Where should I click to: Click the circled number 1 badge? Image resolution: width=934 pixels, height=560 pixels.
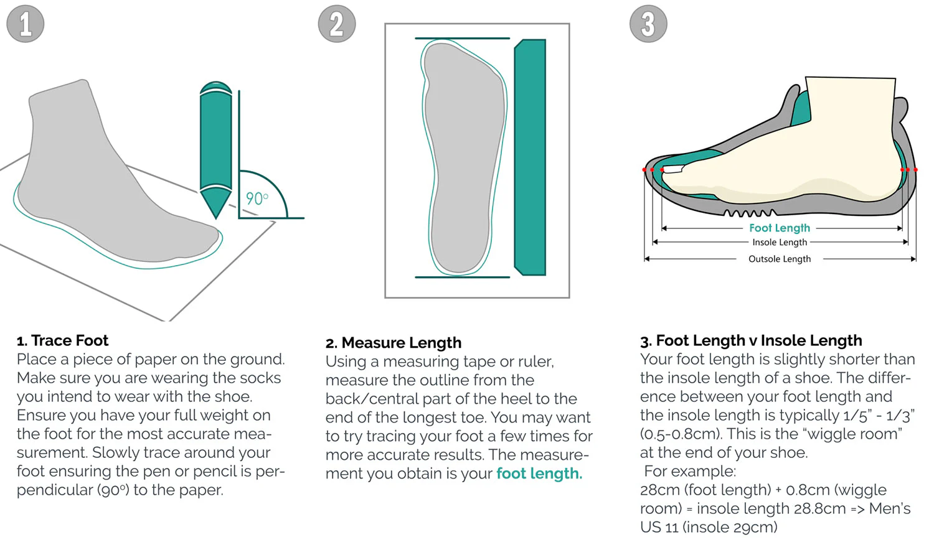pos(26,24)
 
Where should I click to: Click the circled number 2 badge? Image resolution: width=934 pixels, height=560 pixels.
pos(337,24)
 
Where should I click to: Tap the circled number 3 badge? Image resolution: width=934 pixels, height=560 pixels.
pos(648,24)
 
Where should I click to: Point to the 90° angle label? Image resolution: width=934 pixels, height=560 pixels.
pos(257,198)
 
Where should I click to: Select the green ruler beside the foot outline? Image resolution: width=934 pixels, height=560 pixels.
pos(530,157)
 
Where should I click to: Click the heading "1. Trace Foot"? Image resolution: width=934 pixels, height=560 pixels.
pos(62,340)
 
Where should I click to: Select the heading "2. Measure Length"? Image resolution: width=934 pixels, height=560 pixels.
pos(394,343)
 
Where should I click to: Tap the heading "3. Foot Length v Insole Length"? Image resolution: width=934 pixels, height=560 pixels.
pos(751,340)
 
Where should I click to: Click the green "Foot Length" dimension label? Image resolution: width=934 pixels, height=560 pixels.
pos(780,228)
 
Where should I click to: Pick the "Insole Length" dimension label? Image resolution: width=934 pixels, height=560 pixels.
pos(780,243)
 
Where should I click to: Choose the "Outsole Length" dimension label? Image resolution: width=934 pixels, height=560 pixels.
pos(780,259)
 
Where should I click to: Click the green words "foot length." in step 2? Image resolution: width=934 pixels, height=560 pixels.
pos(539,474)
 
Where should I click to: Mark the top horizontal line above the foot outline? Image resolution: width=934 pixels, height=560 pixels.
pos(462,39)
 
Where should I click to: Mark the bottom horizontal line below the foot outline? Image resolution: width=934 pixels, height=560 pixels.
pos(462,277)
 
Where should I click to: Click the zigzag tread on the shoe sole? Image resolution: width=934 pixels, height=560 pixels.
pos(747,213)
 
